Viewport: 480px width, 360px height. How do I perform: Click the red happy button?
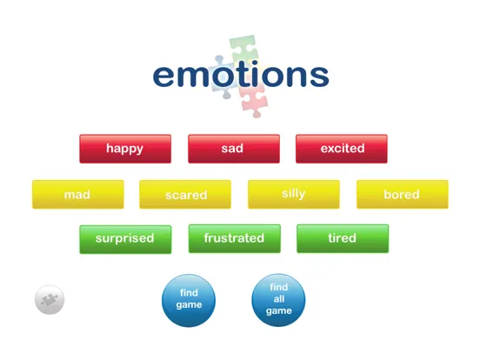click(x=124, y=149)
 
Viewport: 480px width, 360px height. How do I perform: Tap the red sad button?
click(x=233, y=149)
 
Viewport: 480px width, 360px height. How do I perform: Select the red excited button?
click(x=342, y=149)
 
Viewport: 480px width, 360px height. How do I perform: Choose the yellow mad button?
click(x=77, y=195)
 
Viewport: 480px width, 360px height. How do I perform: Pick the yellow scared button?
click(x=185, y=195)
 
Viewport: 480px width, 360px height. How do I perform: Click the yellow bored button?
click(x=402, y=195)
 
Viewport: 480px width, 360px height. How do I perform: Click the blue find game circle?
click(x=189, y=299)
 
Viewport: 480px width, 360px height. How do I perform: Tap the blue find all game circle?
click(x=278, y=299)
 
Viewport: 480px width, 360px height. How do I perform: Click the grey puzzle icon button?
click(x=50, y=300)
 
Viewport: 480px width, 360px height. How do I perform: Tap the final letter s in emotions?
click(x=317, y=76)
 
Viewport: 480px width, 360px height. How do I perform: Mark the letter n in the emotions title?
click(x=292, y=76)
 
